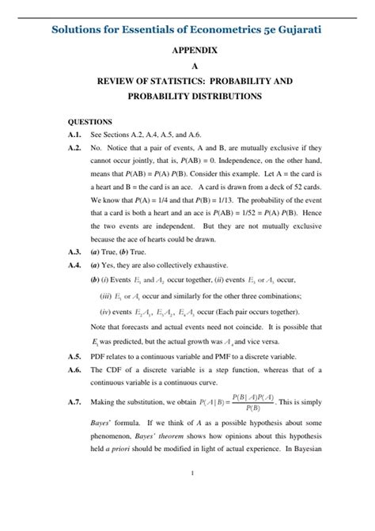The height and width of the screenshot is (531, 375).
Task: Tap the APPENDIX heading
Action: pos(188,50)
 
